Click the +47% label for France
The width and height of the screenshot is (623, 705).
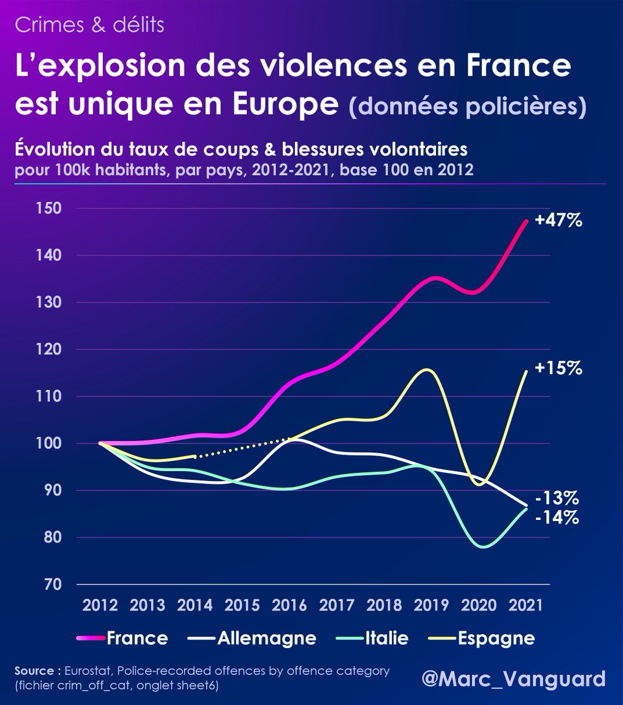(x=559, y=221)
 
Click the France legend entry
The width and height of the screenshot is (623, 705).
(x=137, y=639)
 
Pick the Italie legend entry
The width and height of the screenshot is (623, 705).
(x=386, y=639)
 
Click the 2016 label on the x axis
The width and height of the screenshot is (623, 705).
(x=290, y=606)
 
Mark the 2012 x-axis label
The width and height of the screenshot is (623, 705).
(x=100, y=606)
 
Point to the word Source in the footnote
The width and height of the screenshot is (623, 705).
(x=36, y=671)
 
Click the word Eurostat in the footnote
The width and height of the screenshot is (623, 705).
(x=87, y=671)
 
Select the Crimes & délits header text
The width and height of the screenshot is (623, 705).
(x=89, y=25)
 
